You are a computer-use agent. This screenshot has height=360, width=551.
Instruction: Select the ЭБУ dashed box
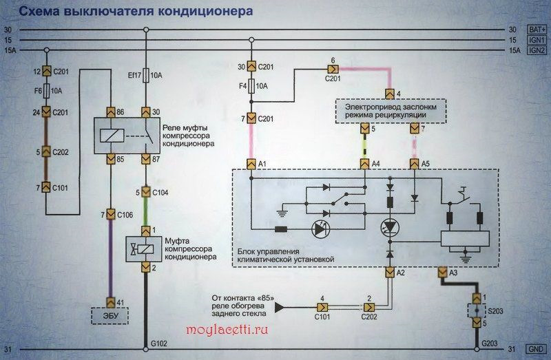click(x=110, y=317)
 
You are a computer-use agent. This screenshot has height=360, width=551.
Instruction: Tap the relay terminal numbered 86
click(x=110, y=112)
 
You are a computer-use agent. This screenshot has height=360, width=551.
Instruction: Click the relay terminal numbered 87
click(x=146, y=160)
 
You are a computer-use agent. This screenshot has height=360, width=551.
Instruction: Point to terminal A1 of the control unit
click(x=251, y=164)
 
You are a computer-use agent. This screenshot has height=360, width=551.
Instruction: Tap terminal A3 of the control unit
click(x=443, y=273)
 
